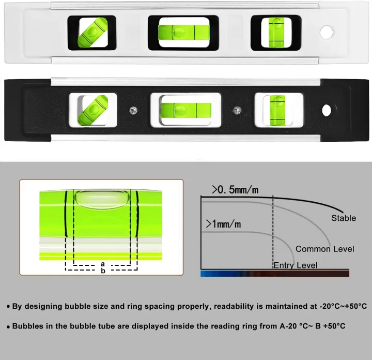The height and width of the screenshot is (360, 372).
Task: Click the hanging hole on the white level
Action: [x=327, y=32]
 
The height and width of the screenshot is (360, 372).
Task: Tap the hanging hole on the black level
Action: [x=327, y=110]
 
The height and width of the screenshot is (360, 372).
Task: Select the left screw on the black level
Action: [x=133, y=110]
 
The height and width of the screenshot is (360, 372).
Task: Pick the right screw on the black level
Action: [x=237, y=110]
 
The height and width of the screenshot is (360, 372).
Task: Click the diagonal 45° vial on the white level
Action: [x=92, y=32]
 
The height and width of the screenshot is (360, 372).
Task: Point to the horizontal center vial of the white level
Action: [x=184, y=32]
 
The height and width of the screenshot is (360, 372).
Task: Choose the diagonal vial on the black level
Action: [x=93, y=110]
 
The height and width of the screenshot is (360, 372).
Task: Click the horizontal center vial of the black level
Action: [x=186, y=111]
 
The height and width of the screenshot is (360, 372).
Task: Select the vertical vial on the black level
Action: [x=278, y=110]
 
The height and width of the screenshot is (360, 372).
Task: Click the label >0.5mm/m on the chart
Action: [x=235, y=190]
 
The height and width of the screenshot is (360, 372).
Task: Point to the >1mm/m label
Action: [x=223, y=224]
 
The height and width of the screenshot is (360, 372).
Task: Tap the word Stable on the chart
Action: [x=344, y=218]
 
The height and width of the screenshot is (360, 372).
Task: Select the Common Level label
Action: [x=325, y=249]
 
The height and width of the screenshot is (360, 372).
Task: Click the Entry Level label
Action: [x=296, y=265]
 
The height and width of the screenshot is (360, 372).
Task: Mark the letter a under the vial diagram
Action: [x=103, y=264]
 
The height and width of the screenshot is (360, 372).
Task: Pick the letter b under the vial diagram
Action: [x=103, y=271]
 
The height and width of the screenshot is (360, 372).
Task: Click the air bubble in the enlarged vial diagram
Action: [x=102, y=200]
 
